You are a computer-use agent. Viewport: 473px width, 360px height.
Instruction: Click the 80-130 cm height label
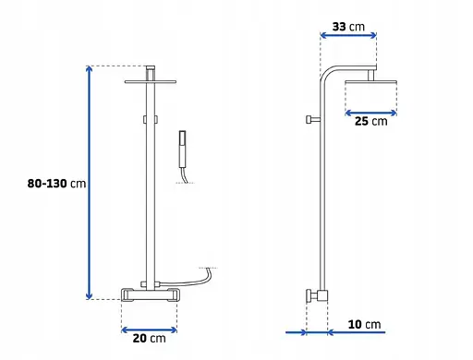pos(56,184)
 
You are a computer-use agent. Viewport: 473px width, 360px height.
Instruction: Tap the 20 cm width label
pos(150,339)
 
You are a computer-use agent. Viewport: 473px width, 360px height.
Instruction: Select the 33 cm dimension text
pos(348,27)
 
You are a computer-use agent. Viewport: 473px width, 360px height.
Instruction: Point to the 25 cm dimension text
pos(371,121)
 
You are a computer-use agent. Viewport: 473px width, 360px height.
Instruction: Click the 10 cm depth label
pos(364,324)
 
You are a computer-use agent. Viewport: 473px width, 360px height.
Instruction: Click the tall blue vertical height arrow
pos(89,183)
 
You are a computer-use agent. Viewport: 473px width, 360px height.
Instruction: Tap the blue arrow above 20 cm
pos(149,330)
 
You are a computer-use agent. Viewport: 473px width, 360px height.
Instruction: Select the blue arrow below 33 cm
pos(348,35)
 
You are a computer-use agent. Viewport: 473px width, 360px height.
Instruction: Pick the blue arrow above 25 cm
pos(370,114)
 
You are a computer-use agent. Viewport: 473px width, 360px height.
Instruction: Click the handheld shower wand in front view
pos(183,150)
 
